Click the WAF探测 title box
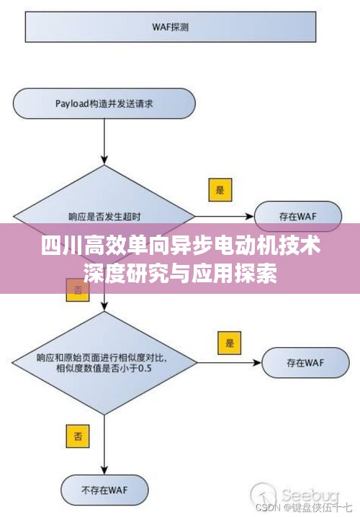[171, 27]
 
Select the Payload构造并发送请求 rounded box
[104, 104]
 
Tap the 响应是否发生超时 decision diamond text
[104, 217]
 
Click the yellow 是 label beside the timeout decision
[220, 190]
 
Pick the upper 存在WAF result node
[297, 216]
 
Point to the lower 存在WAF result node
[305, 363]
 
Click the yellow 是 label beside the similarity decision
[230, 343]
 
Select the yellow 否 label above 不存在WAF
[78, 436]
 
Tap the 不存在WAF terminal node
[104, 490]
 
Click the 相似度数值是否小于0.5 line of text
[104, 368]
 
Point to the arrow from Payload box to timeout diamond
[104, 141]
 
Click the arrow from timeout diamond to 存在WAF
[225, 217]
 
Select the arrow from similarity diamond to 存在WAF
[229, 363]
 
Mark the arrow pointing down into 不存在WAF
[104, 444]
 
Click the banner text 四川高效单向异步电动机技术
[181, 246]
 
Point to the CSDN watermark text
[267, 508]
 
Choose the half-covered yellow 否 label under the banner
[78, 290]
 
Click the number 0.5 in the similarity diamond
[145, 369]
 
